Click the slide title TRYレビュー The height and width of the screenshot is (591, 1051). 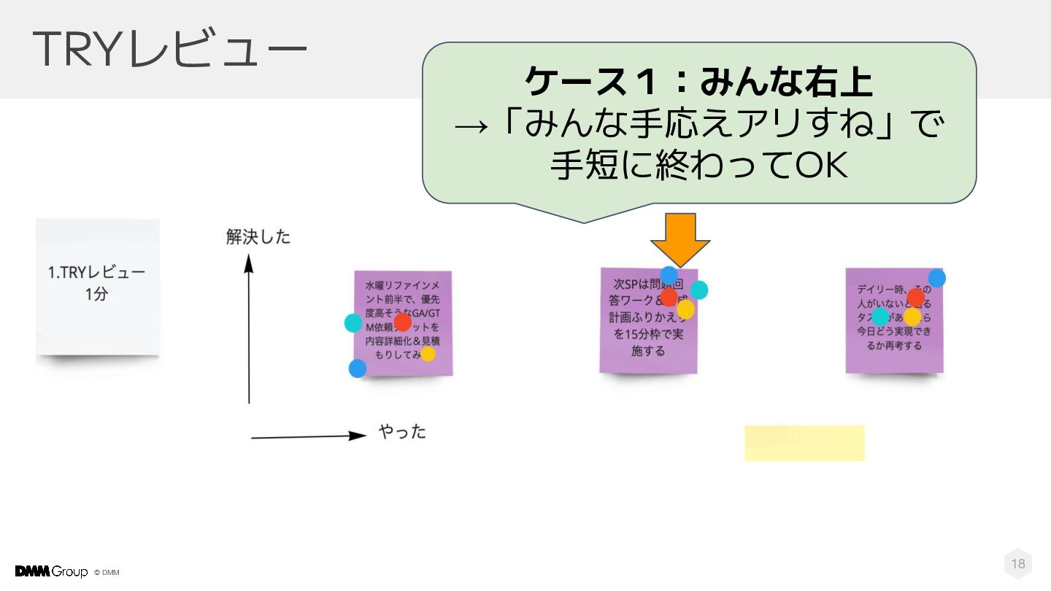169,50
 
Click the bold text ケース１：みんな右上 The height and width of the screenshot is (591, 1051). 698,82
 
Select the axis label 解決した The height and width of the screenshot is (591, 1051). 258,237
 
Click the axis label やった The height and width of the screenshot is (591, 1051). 402,432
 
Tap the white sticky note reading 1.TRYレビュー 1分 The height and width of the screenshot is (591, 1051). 97,285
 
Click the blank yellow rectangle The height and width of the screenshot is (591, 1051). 804,443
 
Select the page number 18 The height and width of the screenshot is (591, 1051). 1017,563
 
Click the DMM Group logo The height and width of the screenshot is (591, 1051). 51,571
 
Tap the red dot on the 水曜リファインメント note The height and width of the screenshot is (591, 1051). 402,322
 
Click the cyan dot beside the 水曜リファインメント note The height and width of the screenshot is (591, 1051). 353,322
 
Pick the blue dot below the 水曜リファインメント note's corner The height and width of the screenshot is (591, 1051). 358,368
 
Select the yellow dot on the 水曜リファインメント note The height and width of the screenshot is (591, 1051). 428,354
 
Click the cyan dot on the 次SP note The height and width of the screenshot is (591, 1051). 699,290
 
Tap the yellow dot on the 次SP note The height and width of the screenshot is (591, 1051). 685,310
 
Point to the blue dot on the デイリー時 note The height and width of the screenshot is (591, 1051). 937,278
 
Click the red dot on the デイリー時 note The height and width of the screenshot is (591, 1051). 915,297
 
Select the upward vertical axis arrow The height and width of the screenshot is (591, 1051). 249,328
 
